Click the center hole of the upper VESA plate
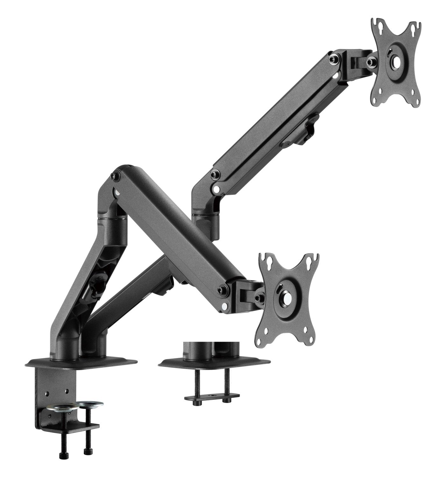tap(394, 61)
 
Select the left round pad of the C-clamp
tap(63, 407)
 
